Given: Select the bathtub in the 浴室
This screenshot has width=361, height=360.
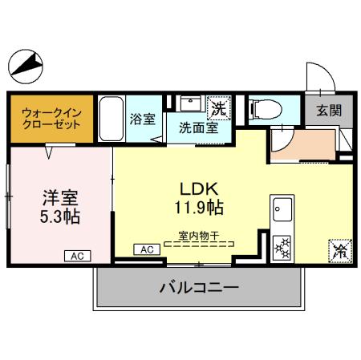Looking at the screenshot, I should [111, 118].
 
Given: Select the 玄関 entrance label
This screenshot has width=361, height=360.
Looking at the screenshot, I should [323, 111].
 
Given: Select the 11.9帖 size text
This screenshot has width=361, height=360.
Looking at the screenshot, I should [196, 207].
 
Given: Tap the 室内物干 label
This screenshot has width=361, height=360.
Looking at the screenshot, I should [198, 236].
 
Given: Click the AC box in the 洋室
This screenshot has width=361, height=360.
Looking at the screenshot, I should [78, 256].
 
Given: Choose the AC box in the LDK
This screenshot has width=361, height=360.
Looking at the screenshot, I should [147, 249].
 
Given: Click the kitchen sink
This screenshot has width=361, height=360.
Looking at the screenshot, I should [282, 211].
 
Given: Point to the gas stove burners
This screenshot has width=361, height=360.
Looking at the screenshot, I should [283, 245].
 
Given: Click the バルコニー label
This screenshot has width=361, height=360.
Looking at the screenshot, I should [199, 287].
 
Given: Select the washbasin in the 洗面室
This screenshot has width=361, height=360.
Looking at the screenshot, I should [190, 103].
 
